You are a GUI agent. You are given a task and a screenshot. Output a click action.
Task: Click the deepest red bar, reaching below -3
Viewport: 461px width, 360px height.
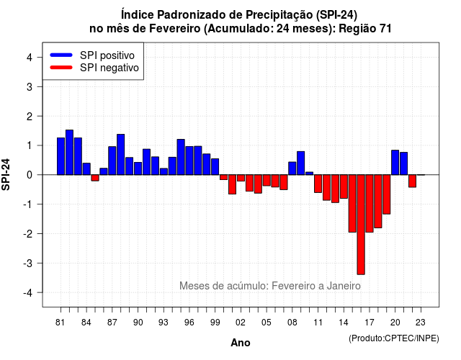tap(361, 225)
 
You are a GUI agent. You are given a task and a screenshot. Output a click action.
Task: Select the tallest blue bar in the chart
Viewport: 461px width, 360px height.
tap(69, 152)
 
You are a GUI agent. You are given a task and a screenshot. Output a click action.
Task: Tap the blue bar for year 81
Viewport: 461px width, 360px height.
tap(61, 156)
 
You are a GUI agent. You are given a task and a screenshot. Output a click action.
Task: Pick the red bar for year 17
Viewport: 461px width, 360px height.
tap(370, 203)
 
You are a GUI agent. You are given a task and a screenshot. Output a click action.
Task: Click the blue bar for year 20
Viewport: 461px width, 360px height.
tap(395, 162)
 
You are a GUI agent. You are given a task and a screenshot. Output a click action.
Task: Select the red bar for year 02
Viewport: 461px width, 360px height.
tap(241, 178)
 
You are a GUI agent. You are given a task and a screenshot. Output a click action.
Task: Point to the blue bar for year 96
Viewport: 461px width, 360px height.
tap(189, 161)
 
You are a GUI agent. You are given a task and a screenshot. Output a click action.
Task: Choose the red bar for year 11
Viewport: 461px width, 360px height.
tap(318, 184)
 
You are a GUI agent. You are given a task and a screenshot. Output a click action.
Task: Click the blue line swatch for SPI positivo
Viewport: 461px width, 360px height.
tap(61, 55)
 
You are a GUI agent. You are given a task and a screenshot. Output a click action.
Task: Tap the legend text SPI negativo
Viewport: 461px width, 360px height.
tap(109, 68)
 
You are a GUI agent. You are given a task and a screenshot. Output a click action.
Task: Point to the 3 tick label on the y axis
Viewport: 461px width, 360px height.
tap(30, 86)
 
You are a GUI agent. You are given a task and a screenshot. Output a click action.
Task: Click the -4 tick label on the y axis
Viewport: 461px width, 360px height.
tap(28, 293)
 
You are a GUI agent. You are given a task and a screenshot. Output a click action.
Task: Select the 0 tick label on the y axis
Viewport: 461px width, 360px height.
tap(30, 175)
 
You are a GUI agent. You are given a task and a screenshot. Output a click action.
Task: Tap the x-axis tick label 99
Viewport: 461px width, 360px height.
tap(215, 323)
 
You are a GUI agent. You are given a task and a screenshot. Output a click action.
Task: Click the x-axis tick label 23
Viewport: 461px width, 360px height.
tap(421, 323)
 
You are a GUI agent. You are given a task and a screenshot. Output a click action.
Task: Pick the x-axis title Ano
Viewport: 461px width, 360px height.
tap(241, 343)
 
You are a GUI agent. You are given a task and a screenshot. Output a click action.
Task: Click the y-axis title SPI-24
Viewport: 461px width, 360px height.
tap(6, 174)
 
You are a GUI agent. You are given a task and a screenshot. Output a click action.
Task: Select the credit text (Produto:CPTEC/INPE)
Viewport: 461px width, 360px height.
tap(394, 338)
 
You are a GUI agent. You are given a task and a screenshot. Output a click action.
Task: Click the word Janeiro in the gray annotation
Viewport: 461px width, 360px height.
tap(344, 286)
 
